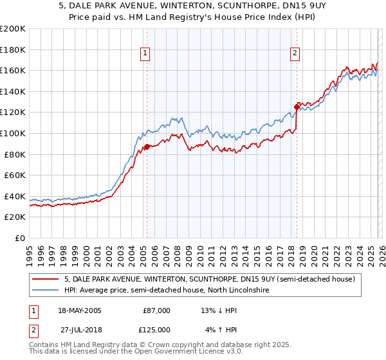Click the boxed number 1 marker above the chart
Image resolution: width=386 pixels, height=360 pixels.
(x=146, y=54)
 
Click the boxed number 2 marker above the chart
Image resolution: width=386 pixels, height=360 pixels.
(x=295, y=54)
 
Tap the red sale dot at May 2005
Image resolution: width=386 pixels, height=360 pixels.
(x=147, y=147)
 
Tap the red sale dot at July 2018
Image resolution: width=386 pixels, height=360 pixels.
(x=297, y=107)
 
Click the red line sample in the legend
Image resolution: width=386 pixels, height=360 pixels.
(x=46, y=279)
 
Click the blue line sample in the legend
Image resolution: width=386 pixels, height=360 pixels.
(x=46, y=291)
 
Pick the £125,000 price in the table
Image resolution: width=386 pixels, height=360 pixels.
(x=157, y=329)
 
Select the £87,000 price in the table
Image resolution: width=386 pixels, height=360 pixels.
(x=157, y=310)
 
